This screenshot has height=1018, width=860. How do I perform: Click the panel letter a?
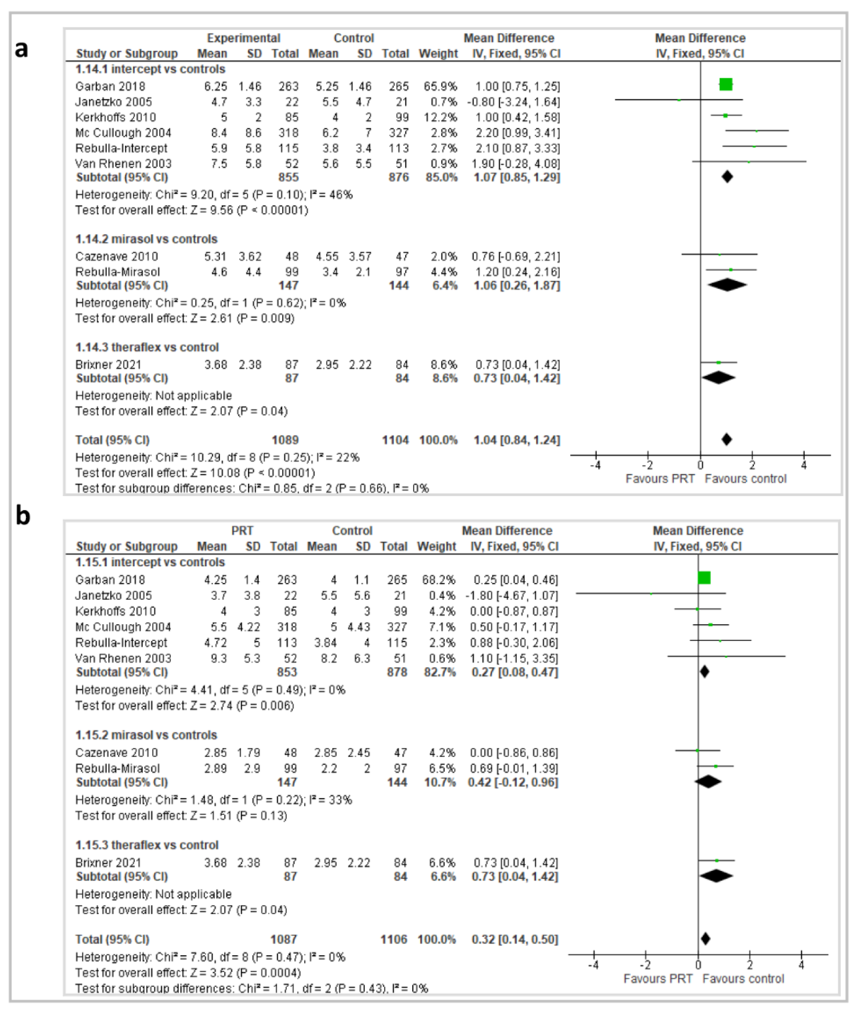(22, 49)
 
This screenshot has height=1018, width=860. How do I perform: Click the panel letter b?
(23, 516)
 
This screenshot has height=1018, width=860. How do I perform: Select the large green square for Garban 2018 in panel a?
(726, 85)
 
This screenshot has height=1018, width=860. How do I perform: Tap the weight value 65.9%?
(440, 86)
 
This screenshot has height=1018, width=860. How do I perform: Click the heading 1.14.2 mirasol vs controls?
(146, 239)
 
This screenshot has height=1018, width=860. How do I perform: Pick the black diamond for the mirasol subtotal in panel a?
(727, 285)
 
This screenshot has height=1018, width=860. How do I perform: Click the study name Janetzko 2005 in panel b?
(113, 595)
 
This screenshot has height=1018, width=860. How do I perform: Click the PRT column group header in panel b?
(242, 531)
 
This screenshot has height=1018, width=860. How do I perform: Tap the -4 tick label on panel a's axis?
(595, 466)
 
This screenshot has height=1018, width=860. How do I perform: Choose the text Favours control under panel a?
(745, 479)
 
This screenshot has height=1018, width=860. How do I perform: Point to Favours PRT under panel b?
(658, 978)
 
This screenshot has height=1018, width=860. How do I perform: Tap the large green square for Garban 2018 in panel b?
(704, 578)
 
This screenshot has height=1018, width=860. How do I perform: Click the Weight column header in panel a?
(438, 54)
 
